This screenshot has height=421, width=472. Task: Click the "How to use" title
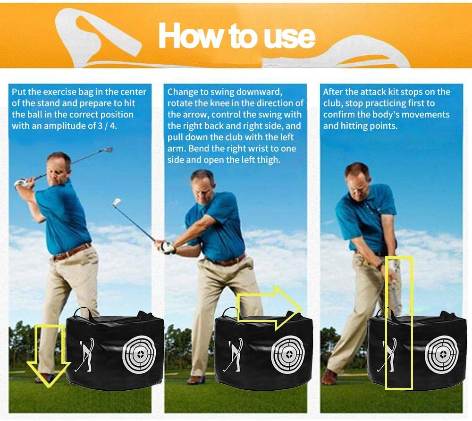tap(236, 35)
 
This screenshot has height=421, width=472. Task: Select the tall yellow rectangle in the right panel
tap(399, 323)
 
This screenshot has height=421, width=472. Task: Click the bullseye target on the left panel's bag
tap(139, 352)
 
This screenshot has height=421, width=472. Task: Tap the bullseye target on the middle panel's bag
tap(287, 354)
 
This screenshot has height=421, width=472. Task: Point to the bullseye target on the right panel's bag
tap(441, 354)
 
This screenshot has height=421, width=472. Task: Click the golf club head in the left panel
tap(108, 151)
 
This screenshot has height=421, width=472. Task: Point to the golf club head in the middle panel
tap(117, 203)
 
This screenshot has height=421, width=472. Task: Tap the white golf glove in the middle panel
tap(168, 247)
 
